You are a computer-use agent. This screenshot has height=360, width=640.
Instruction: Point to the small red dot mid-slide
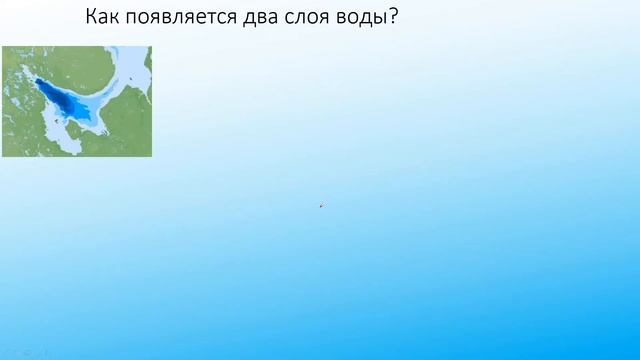pos(321,206)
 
